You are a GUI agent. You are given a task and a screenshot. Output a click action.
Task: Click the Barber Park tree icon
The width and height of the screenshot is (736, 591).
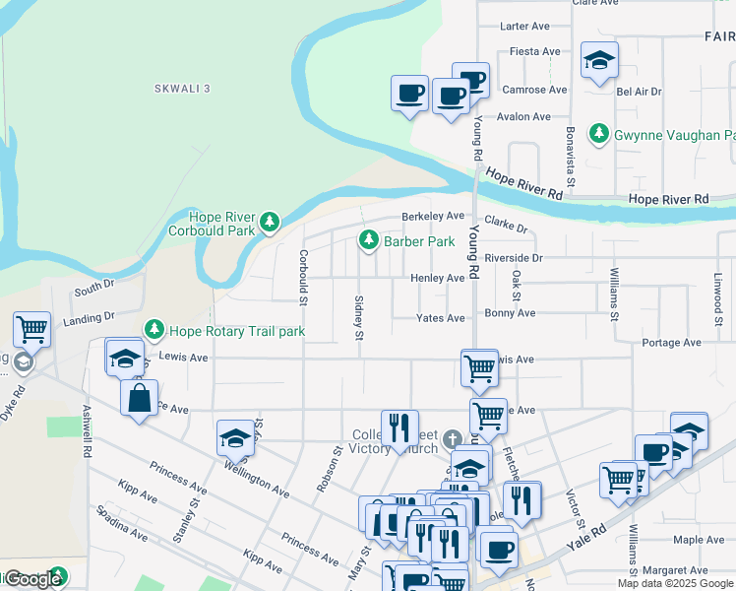[x=368, y=240]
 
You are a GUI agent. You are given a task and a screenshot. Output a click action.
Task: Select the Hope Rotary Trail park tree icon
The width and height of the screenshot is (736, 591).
[x=153, y=331]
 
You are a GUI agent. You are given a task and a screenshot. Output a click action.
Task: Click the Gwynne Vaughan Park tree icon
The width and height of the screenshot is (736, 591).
[x=597, y=134]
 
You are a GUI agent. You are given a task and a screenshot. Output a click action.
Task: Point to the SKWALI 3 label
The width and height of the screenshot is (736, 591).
[x=182, y=89]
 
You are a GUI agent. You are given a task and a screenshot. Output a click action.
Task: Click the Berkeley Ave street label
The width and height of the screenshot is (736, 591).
[x=432, y=217]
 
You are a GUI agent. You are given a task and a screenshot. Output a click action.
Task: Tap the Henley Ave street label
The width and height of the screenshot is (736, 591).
[x=438, y=279]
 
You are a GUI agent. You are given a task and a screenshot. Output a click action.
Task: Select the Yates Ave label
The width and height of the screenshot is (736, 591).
[x=440, y=318]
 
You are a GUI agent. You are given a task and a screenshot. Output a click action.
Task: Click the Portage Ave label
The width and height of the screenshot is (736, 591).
[x=671, y=343]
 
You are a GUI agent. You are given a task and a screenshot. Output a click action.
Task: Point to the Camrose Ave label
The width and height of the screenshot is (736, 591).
[x=534, y=90]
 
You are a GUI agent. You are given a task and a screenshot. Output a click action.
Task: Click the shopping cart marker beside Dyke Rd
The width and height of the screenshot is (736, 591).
[x=32, y=330]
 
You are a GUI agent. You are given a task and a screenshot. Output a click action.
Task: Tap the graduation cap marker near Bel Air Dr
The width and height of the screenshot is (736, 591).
[x=599, y=61]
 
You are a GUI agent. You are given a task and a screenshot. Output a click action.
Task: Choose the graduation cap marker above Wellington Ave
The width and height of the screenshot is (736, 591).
[x=236, y=438]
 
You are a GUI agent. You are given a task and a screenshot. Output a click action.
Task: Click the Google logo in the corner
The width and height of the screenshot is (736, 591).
[x=32, y=579]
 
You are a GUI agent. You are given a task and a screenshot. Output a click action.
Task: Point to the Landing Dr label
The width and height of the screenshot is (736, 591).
[x=89, y=319]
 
